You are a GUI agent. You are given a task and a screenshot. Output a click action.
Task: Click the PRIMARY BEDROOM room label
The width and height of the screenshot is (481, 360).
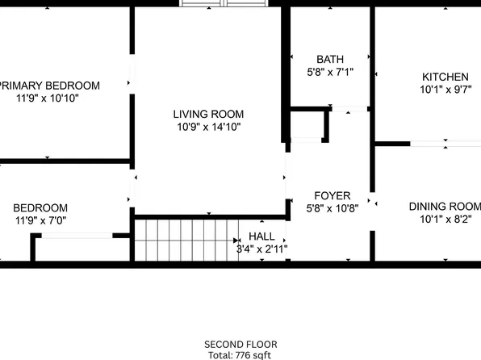[x=50, y=86]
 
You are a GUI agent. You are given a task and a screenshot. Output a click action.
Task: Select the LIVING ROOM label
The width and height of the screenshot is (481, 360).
[x=208, y=114]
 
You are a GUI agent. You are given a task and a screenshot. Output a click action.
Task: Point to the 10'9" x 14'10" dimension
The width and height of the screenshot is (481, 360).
[x=208, y=126]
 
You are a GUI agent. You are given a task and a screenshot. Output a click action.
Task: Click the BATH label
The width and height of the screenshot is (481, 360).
[x=329, y=59]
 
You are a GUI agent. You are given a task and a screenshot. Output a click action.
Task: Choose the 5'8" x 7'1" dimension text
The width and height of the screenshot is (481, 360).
[x=330, y=72]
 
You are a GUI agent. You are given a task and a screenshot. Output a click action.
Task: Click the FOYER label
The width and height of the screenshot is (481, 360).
[x=332, y=195]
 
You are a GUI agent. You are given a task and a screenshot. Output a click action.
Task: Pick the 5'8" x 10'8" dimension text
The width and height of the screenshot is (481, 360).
[x=332, y=207]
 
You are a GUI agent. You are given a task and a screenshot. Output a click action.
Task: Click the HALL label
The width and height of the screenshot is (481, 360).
[x=261, y=236]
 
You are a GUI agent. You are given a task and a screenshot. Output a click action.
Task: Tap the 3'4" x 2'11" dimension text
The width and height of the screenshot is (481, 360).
[x=261, y=249]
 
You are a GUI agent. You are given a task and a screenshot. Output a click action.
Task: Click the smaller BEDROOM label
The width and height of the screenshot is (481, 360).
[x=40, y=207]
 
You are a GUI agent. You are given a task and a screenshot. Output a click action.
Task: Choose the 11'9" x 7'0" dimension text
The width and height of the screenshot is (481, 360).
[x=40, y=220]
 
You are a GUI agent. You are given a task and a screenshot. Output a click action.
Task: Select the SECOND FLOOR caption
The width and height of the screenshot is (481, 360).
[x=240, y=343]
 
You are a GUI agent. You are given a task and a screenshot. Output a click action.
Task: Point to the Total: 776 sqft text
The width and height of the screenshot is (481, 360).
[x=240, y=354]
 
